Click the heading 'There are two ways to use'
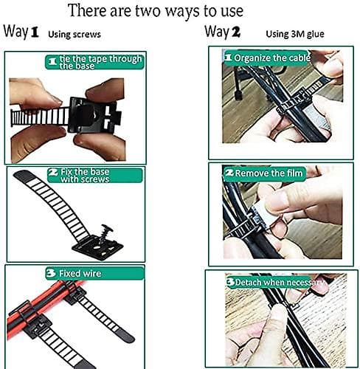click(x=156, y=11)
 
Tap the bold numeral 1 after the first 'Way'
click(x=34, y=32)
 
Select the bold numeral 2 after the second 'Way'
click(x=236, y=32)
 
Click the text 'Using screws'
click(x=75, y=34)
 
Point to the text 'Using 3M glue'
click(x=295, y=34)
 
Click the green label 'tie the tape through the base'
click(x=94, y=62)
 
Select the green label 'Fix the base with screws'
click(x=95, y=175)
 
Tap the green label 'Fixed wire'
click(x=94, y=273)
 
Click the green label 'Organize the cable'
click(x=267, y=58)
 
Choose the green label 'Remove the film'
click(x=264, y=173)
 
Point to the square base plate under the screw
click(x=97, y=248)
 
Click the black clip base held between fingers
click(x=94, y=115)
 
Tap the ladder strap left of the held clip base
click(x=40, y=117)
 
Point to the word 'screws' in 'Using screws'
click(x=88, y=35)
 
